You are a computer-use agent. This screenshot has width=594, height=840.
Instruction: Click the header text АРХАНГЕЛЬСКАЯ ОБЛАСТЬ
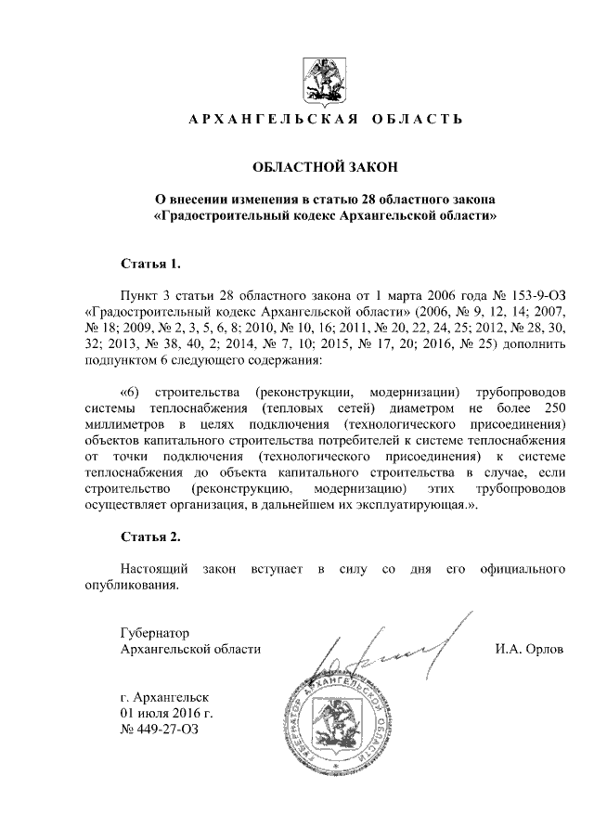coord(325,121)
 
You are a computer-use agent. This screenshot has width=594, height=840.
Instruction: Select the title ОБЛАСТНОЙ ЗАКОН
coord(325,167)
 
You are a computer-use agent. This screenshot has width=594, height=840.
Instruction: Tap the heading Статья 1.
coord(149,263)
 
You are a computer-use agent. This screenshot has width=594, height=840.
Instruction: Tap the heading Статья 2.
coord(149,536)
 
